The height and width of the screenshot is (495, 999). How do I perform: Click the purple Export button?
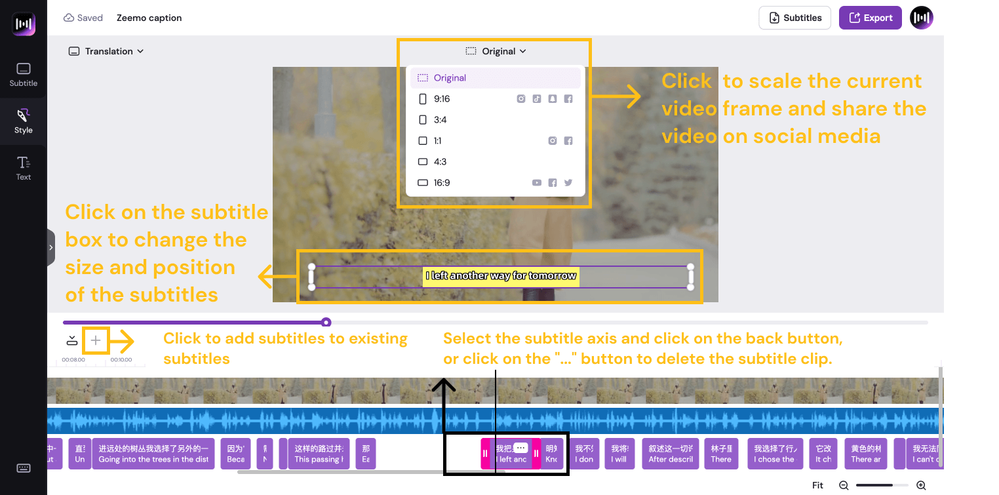point(871,18)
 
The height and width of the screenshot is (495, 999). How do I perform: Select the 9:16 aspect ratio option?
point(442,99)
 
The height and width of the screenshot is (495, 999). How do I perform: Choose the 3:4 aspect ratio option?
point(440,120)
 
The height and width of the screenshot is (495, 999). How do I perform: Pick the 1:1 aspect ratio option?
point(437,141)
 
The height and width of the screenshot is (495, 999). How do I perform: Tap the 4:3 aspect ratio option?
point(440,162)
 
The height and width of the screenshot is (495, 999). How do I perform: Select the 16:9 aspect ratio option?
point(442,183)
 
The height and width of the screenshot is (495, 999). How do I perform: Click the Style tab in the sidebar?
point(24,121)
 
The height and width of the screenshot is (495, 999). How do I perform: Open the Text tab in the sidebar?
point(24,168)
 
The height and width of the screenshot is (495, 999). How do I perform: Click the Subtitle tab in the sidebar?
point(24,74)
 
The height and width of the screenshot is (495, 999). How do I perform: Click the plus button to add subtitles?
point(96,340)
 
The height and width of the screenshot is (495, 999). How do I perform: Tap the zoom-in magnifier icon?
point(921,486)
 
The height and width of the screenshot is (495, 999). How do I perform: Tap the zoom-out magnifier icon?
point(844,486)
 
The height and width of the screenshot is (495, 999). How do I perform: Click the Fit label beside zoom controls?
point(817,486)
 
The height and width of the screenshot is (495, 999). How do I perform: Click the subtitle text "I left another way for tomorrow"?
point(501,276)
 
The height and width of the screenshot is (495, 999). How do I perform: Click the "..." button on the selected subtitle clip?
point(520,448)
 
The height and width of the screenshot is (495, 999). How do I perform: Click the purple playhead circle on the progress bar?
point(326,322)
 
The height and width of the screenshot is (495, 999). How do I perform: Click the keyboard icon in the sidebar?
point(24,468)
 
